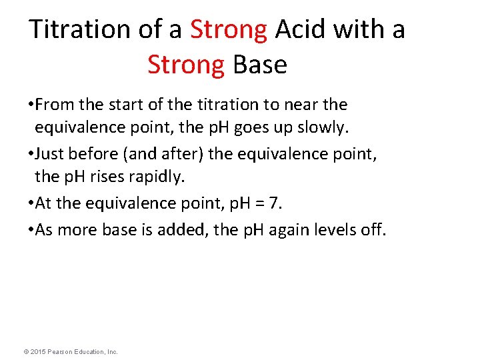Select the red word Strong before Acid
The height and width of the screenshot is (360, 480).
point(229,29)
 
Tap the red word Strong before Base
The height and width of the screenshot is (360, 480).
point(186,65)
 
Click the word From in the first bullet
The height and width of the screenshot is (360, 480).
point(53,105)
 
